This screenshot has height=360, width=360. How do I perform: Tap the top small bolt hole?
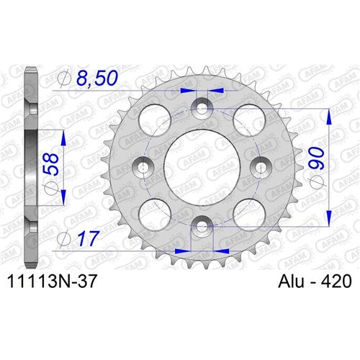click(202, 106)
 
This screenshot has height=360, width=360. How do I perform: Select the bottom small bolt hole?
click(202, 228)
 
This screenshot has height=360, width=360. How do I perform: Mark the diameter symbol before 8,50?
click(62, 77)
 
